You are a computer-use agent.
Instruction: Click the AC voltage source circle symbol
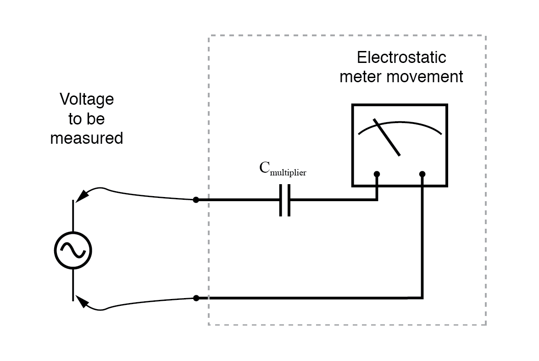point(73,249)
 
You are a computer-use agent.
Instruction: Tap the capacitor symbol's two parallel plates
point(285,200)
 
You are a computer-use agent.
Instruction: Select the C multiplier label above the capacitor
point(282,169)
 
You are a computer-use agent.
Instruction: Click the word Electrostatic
point(401,58)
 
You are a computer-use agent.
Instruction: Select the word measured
point(87,138)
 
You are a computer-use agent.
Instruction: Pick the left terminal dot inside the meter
point(377,174)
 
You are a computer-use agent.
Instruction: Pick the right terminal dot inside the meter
point(422,174)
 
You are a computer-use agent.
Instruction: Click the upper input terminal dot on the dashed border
point(196,200)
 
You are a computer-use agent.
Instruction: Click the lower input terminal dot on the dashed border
point(196,298)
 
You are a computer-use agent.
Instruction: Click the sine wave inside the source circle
point(73,249)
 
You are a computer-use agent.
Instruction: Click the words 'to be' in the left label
point(87,118)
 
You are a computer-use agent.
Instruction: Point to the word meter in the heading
point(360,77)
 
